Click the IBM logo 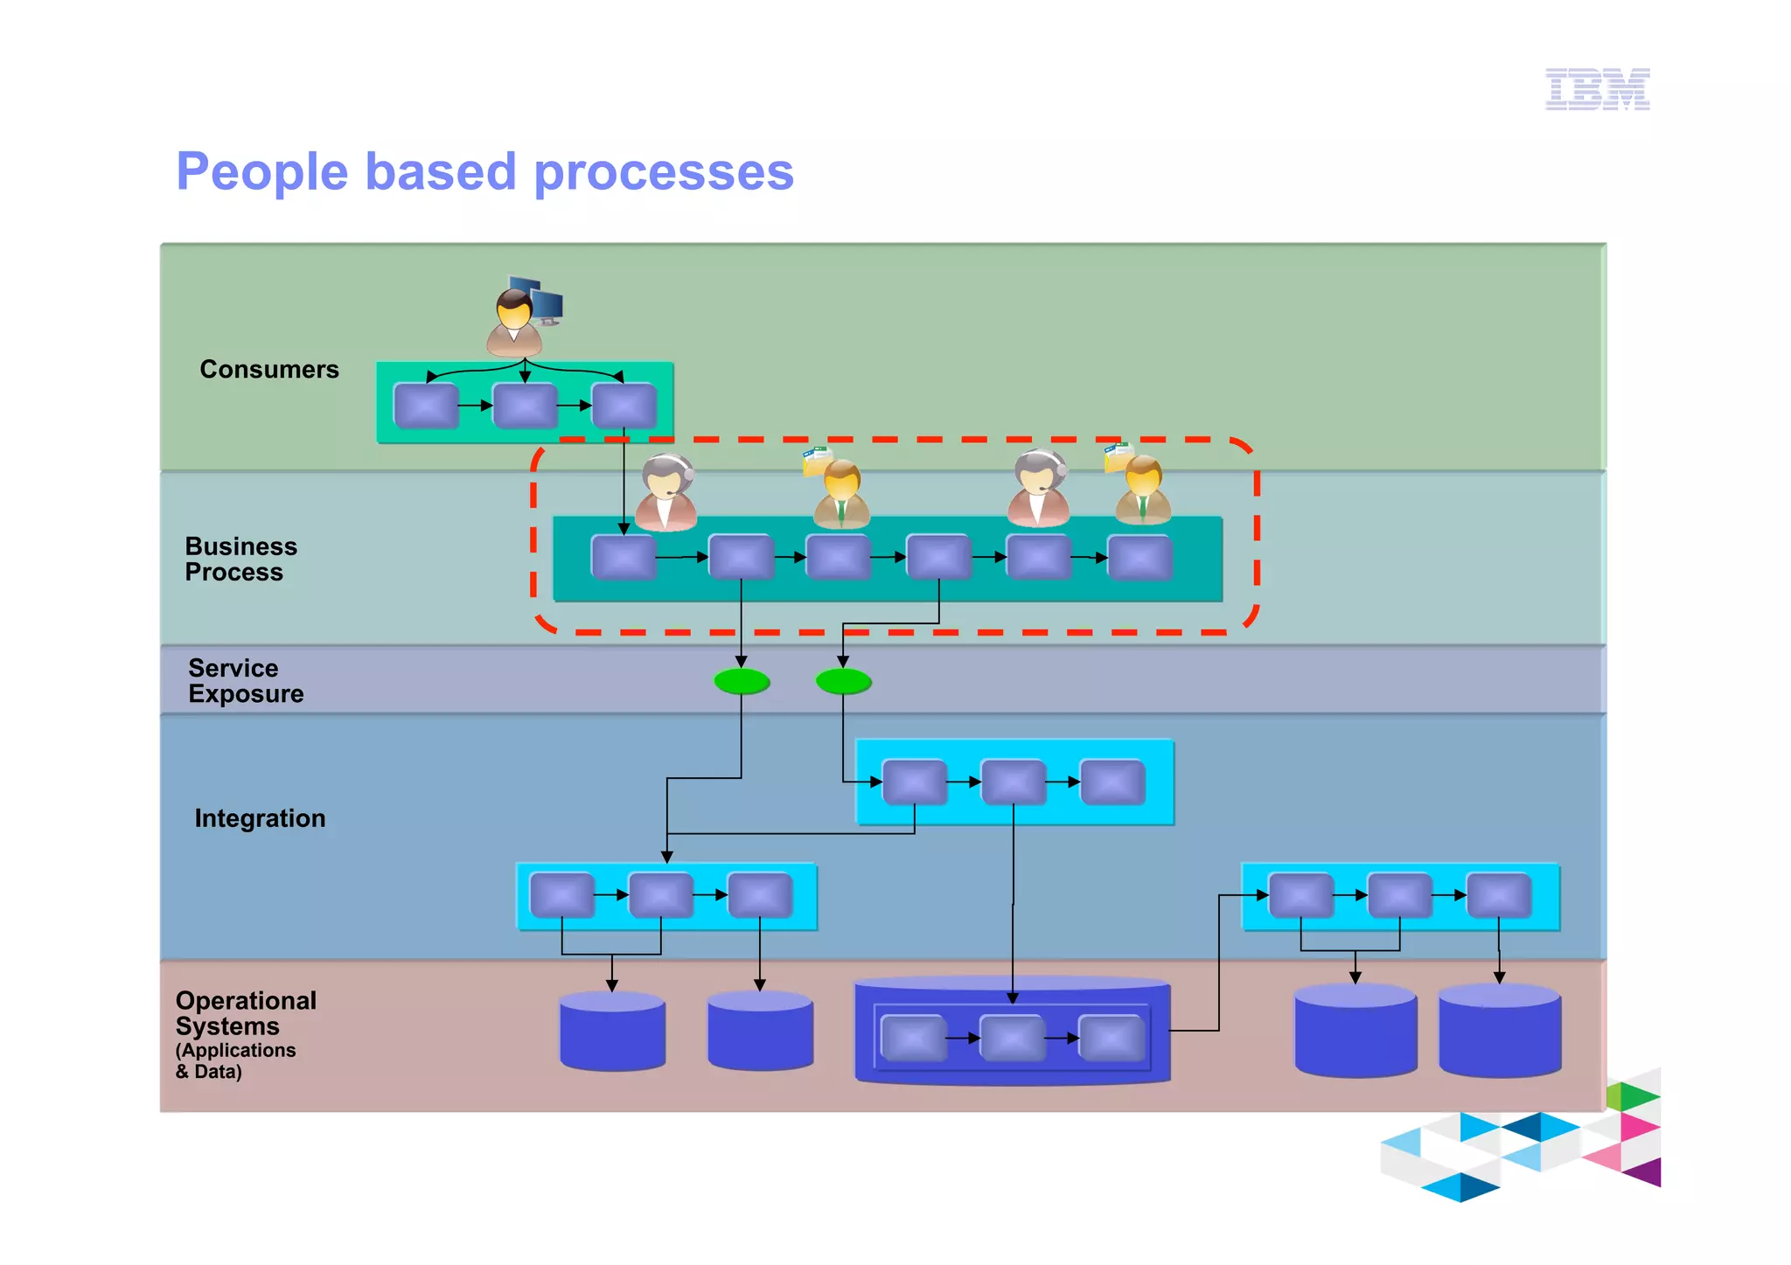[x=1597, y=89]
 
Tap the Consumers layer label [x=268, y=370]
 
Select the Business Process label [x=240, y=560]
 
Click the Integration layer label [x=260, y=818]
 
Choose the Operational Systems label [x=245, y=1014]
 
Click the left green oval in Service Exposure [x=742, y=681]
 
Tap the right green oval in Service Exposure [x=843, y=681]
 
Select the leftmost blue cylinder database [x=612, y=1032]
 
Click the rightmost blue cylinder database [x=1499, y=1032]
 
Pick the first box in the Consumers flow [x=426, y=406]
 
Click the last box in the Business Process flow [x=1139, y=558]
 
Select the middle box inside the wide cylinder [x=1012, y=1039]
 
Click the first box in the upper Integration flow [x=914, y=782]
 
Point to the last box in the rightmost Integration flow [x=1498, y=895]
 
